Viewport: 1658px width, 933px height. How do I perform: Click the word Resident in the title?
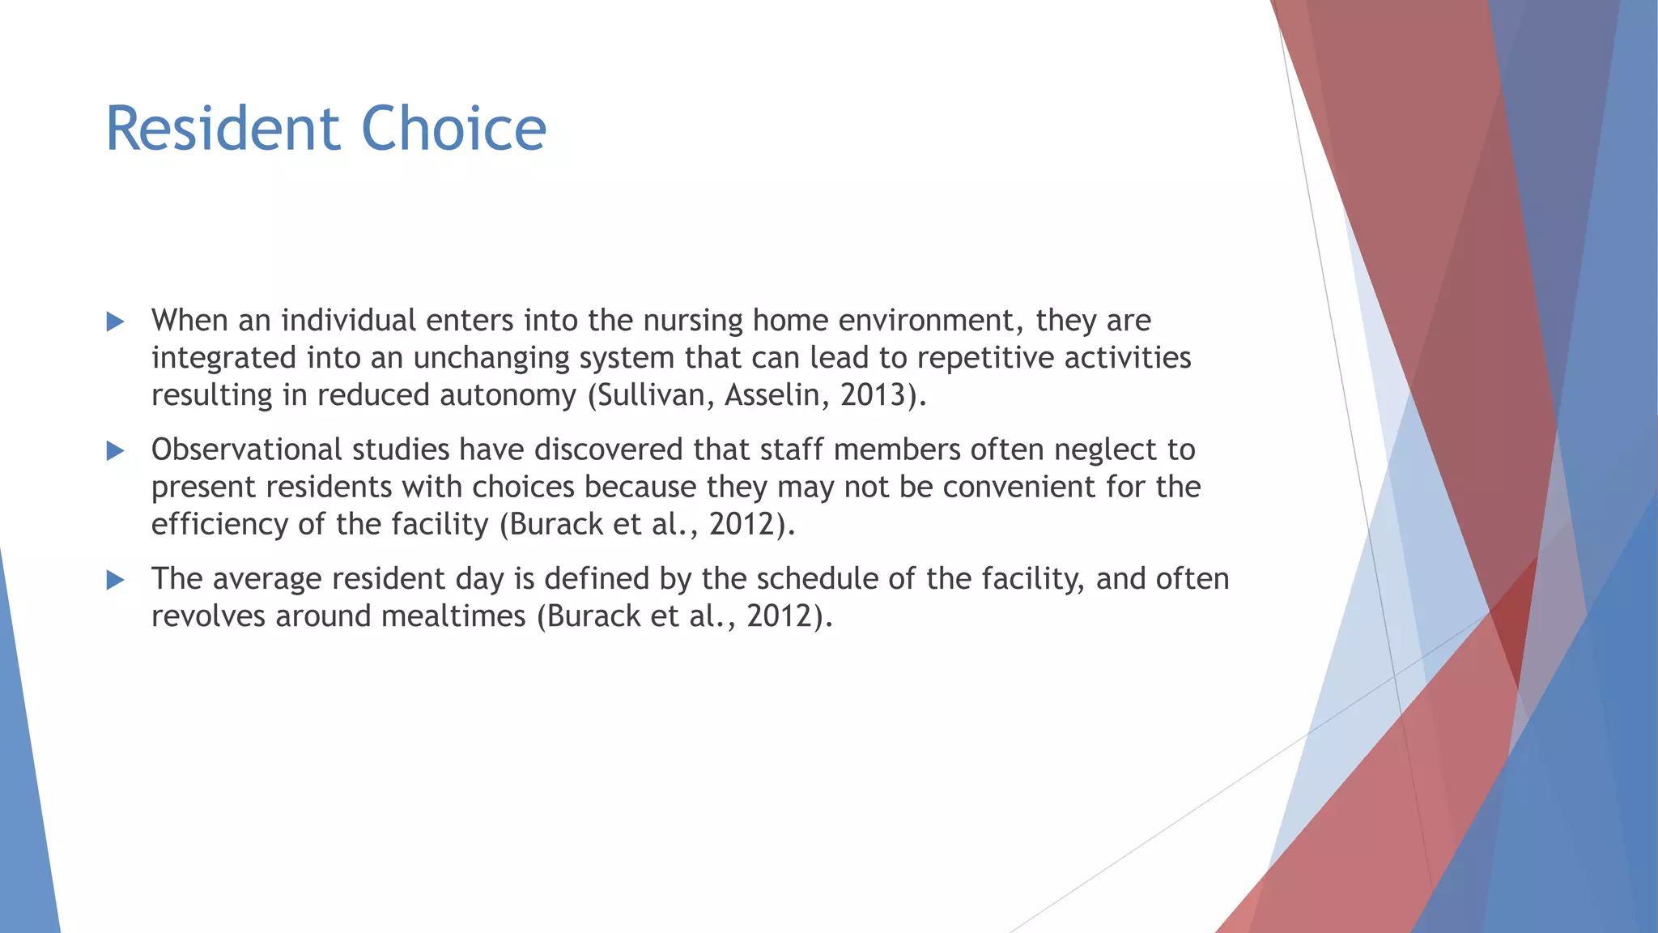(223, 129)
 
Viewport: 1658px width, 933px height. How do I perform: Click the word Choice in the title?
(453, 129)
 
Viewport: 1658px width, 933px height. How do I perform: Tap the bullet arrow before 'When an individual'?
(116, 322)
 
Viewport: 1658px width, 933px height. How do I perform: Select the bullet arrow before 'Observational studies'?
(116, 451)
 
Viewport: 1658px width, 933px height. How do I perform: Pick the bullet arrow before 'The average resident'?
(116, 580)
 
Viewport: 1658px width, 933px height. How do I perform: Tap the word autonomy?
(508, 395)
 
